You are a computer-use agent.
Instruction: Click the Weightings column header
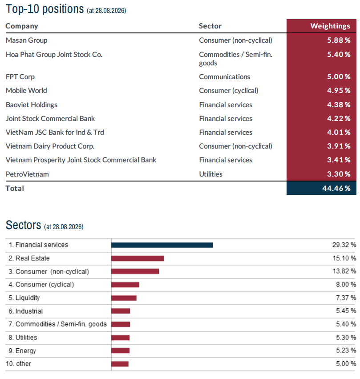[x=330, y=26]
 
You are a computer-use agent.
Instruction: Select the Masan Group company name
[x=27, y=40]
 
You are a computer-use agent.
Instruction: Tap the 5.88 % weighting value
[x=339, y=40]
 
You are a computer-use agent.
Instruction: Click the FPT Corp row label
[x=20, y=77]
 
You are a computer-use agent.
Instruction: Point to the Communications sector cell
[x=225, y=77]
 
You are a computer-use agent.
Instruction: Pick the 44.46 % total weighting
[x=336, y=188]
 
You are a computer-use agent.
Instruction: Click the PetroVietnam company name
[x=27, y=174]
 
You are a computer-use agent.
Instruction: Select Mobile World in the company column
[x=26, y=90]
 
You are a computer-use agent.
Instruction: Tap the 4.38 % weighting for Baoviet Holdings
[x=339, y=105]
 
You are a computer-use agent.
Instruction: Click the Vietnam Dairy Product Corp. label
[x=50, y=146]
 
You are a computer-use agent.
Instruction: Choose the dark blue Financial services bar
[x=162, y=245]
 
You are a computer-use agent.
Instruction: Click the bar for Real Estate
[x=138, y=258]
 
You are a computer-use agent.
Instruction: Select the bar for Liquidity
[x=124, y=298]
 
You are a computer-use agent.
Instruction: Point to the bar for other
[x=120, y=364]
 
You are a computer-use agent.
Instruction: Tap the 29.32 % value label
[x=344, y=245]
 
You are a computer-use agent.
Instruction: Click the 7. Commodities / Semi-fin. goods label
[x=57, y=324]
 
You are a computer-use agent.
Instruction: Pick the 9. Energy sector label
[x=22, y=351]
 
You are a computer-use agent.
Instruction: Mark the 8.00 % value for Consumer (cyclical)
[x=346, y=285]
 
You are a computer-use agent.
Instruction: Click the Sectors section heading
[x=24, y=225]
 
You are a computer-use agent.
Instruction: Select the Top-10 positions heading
[x=45, y=9]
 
